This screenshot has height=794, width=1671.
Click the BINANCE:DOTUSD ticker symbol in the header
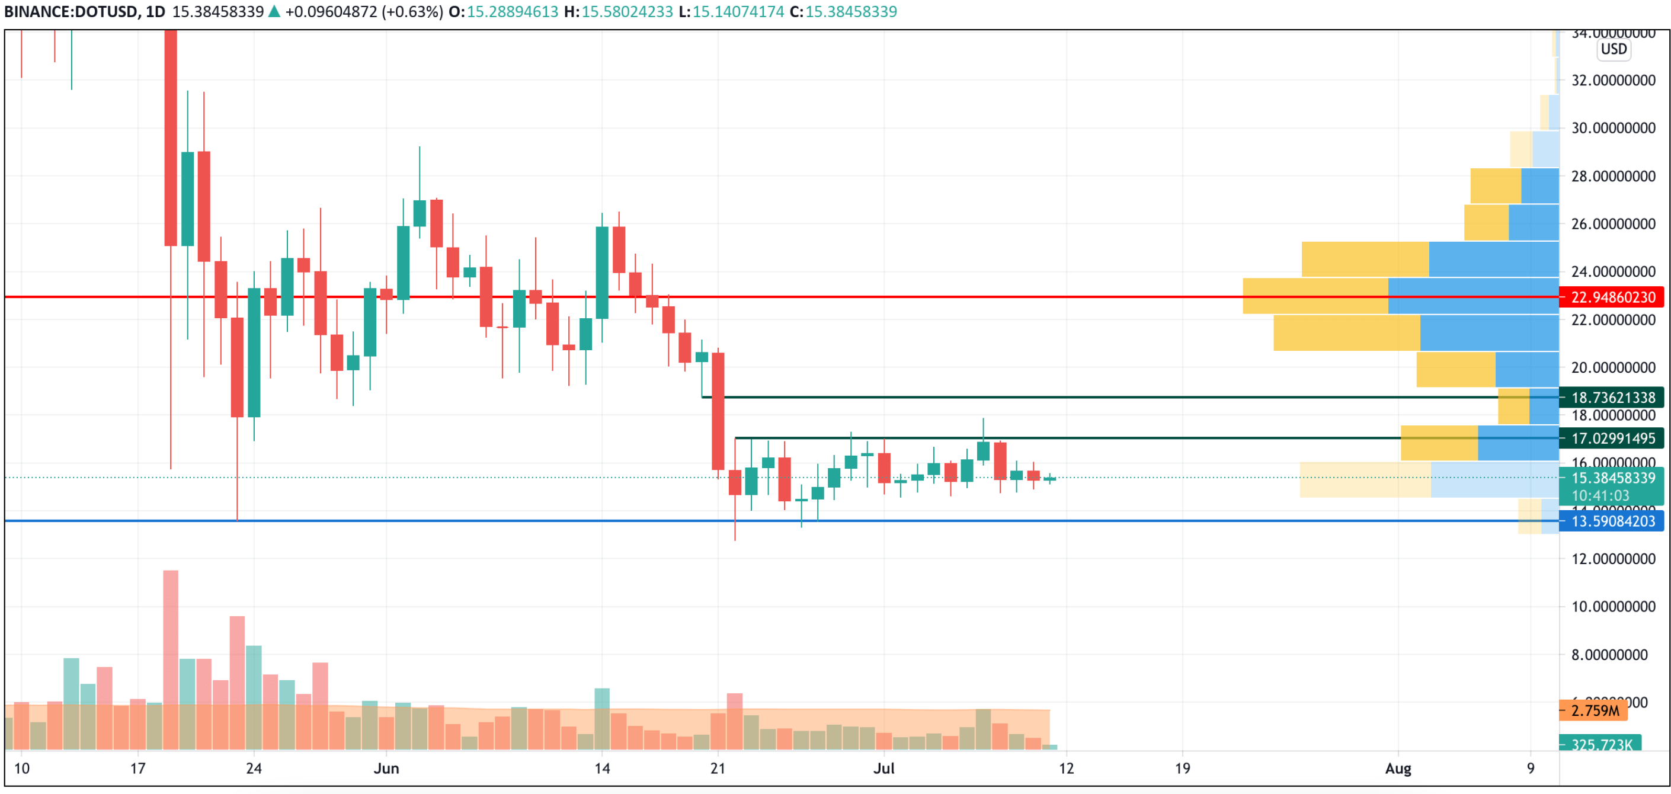coord(70,12)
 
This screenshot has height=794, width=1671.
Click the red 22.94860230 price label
coord(1612,297)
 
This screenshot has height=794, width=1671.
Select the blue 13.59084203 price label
coord(1612,521)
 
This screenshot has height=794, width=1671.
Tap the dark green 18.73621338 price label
coord(1612,397)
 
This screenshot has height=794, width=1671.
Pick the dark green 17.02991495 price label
coord(1612,438)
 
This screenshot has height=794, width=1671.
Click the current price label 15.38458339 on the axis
coord(1612,478)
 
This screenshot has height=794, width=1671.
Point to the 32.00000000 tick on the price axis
coord(1612,81)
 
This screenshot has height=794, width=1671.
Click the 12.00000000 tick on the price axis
coord(1612,559)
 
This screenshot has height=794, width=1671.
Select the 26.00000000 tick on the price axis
coord(1612,224)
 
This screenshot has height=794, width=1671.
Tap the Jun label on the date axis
coord(386,769)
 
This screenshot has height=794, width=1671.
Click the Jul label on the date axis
coord(883,769)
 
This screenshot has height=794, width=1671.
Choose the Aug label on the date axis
coord(1398,769)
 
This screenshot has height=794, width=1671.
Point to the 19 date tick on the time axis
coord(1183,769)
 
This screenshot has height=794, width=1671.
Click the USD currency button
coord(1614,49)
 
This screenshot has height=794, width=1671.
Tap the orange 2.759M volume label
coord(1595,711)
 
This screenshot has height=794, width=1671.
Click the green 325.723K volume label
coord(1601,744)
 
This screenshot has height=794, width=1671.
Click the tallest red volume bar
coord(171,658)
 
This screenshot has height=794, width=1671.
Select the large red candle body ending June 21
coord(718,411)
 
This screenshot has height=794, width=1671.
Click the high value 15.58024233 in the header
coord(627,12)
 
